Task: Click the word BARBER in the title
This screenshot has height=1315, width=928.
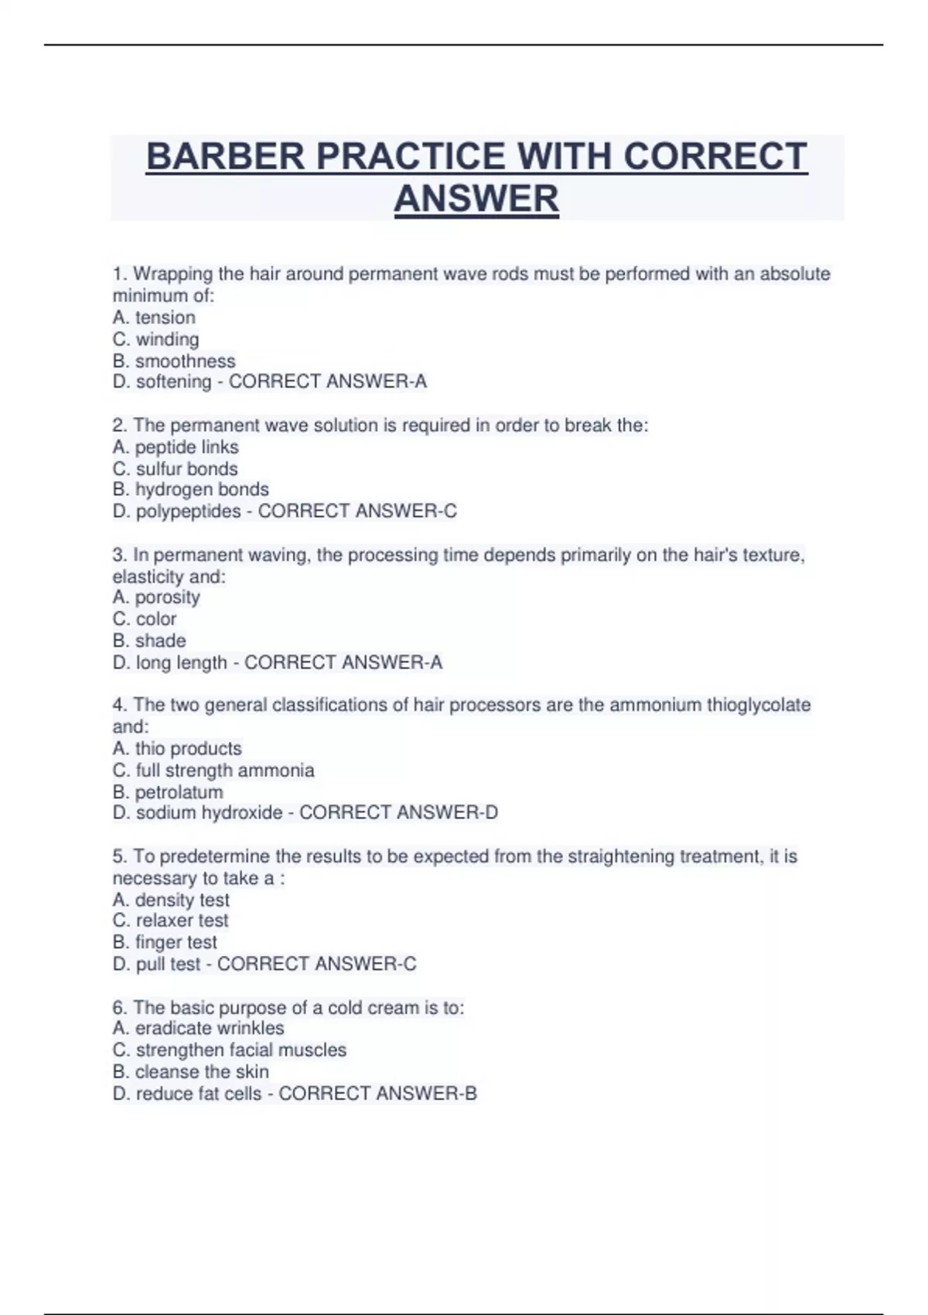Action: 225,157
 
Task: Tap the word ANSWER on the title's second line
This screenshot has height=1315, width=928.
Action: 476,199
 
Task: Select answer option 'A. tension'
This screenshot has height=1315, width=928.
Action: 154,317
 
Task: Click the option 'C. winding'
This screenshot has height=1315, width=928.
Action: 155,339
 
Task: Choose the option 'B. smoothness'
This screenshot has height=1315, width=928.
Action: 174,361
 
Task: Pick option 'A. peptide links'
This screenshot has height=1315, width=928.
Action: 176,447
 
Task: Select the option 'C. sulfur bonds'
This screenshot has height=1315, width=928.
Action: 175,469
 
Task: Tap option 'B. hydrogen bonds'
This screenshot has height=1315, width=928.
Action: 190,490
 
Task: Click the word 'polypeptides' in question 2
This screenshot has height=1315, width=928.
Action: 188,511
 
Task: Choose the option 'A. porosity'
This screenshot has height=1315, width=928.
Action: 156,597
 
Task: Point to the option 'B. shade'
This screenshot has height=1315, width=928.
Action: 149,640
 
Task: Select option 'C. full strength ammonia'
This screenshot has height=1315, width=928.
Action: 213,770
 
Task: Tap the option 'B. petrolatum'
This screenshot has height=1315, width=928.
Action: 168,792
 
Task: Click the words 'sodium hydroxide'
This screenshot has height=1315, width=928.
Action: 209,813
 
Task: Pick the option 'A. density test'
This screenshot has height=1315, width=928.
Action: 171,900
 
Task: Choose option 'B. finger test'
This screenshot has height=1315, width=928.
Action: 165,942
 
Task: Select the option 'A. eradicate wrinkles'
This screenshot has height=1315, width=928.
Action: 198,1028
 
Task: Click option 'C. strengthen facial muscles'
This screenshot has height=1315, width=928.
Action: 229,1050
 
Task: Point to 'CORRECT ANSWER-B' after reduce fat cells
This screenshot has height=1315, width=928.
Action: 377,1094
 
